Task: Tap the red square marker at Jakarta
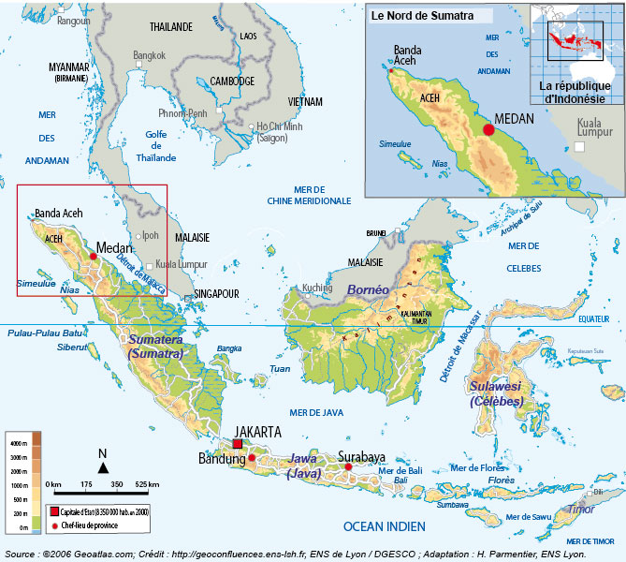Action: (x=238, y=443)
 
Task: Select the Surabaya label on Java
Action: (x=361, y=457)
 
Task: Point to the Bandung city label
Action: (x=222, y=459)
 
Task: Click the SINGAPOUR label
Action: (x=217, y=293)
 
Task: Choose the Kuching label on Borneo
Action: (x=317, y=288)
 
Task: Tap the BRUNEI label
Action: (x=376, y=233)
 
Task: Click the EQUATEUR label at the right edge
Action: (x=593, y=318)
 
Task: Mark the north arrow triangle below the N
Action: (x=103, y=466)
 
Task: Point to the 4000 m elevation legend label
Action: (x=18, y=441)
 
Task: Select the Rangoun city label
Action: (x=74, y=21)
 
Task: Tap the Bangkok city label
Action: (x=149, y=54)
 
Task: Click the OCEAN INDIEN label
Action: (x=385, y=527)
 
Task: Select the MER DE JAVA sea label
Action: (x=317, y=412)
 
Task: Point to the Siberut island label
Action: (x=71, y=347)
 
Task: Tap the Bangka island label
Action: (x=228, y=348)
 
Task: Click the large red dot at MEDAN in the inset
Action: (x=488, y=129)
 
